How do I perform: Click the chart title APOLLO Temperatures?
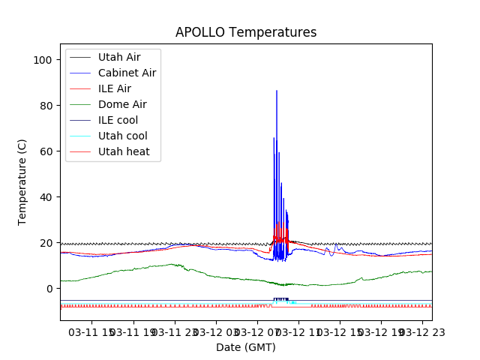[246, 32]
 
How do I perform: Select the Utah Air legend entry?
[118, 57]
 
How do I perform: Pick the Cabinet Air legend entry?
[127, 73]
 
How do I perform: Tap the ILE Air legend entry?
[114, 88]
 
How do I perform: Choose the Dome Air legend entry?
[122, 104]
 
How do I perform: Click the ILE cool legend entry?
[118, 120]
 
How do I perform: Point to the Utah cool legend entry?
[122, 136]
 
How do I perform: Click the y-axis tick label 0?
[48, 289]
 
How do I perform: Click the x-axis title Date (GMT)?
[246, 347]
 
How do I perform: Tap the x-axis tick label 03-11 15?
[91, 331]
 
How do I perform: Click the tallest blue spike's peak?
[277, 91]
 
